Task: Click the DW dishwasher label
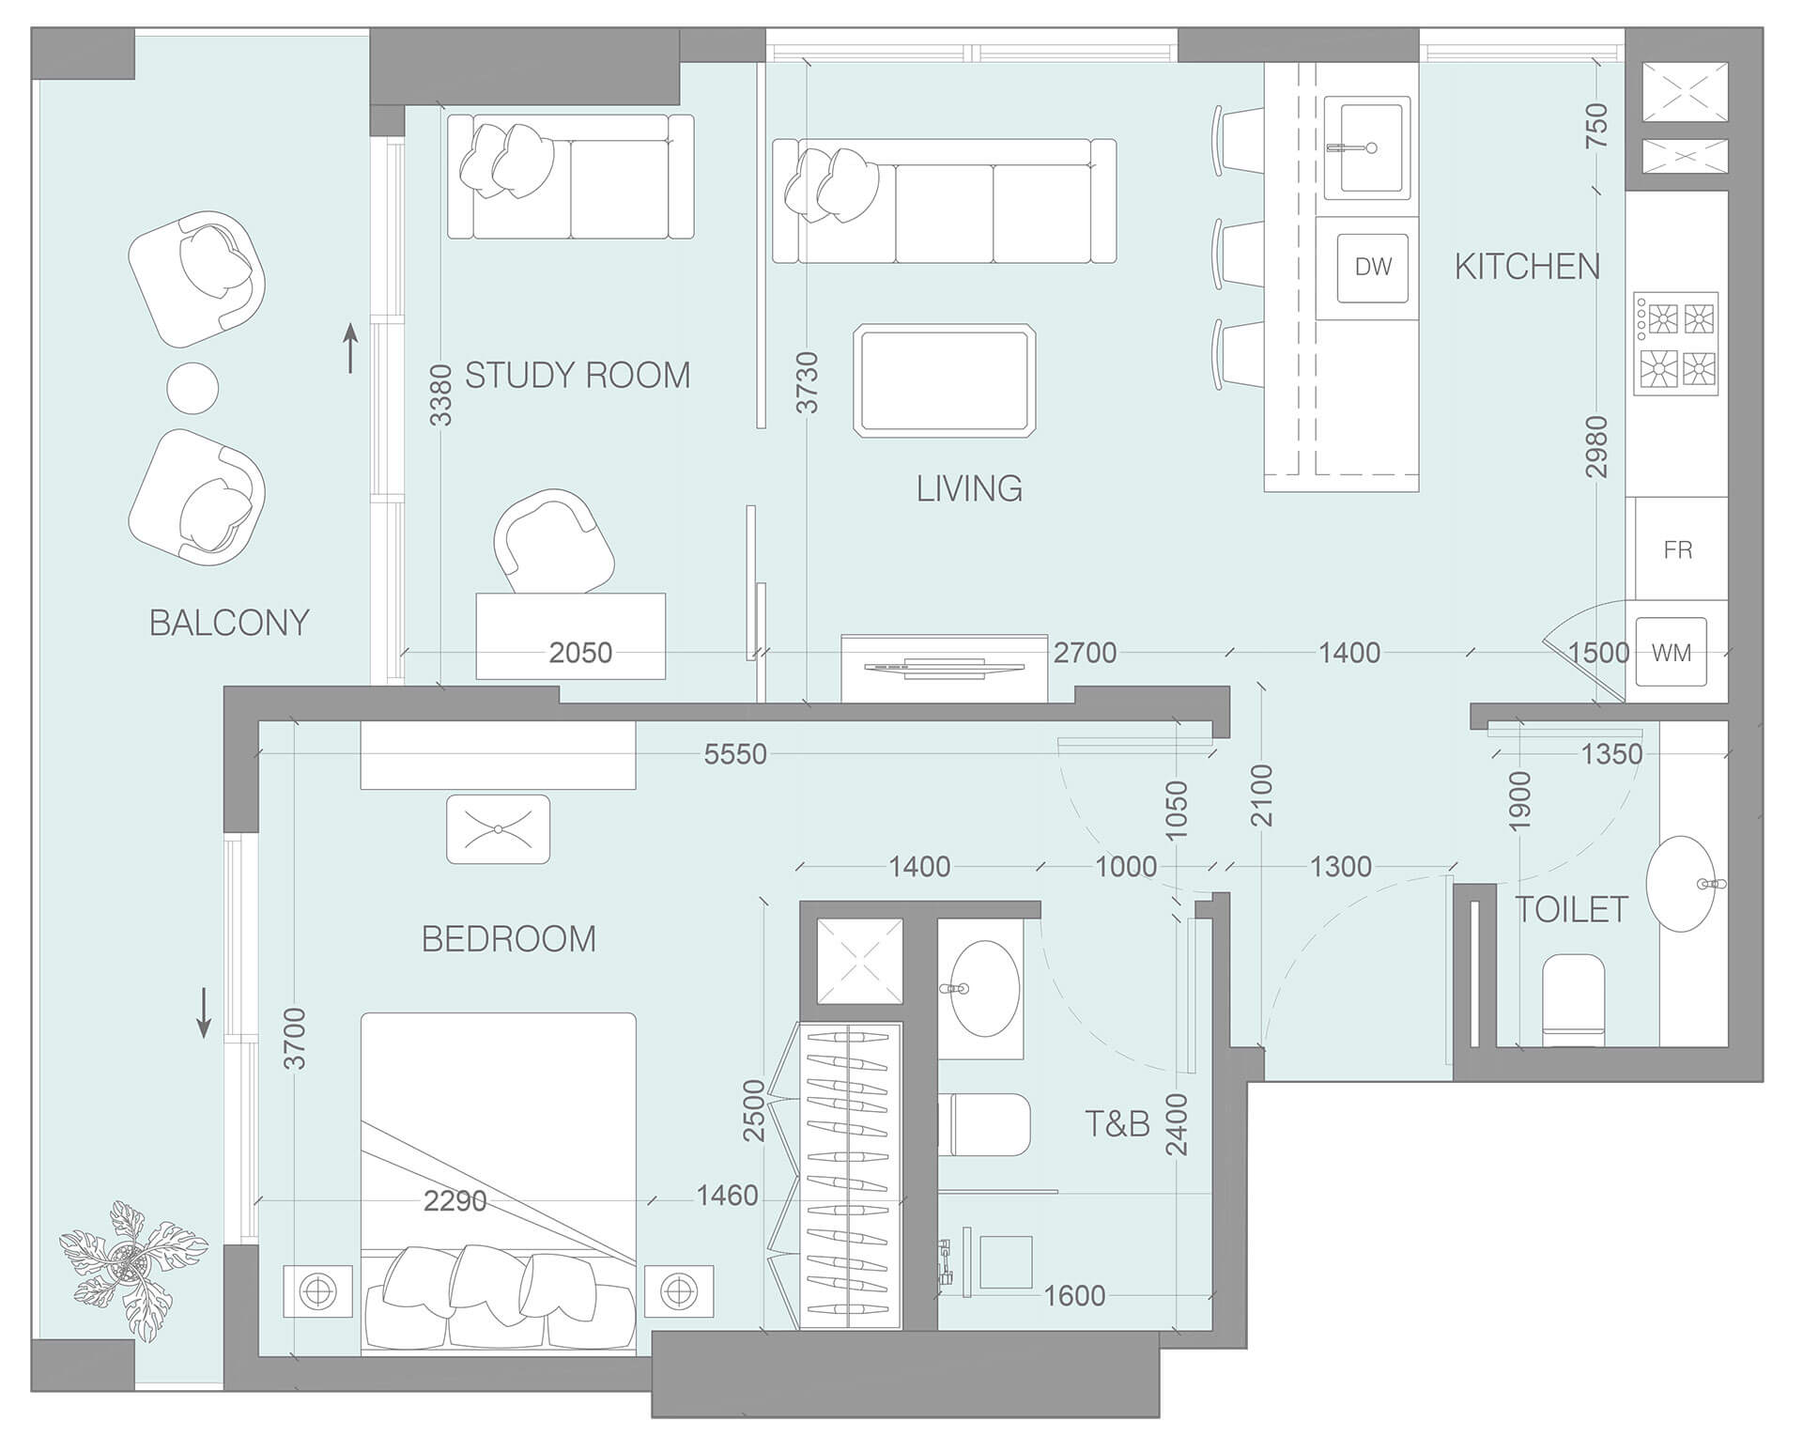1373,268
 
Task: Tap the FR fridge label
1677,549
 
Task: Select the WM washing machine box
1671,653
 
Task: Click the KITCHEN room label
1527,268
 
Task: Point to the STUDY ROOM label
578,376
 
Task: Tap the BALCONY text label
229,623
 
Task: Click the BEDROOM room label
508,939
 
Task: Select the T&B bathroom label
1117,1124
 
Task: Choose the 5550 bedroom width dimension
735,754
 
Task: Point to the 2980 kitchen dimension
1596,447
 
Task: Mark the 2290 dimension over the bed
455,1200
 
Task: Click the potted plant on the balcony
131,1268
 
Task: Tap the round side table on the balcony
193,387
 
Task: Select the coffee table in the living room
945,381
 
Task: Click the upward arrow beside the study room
350,348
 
